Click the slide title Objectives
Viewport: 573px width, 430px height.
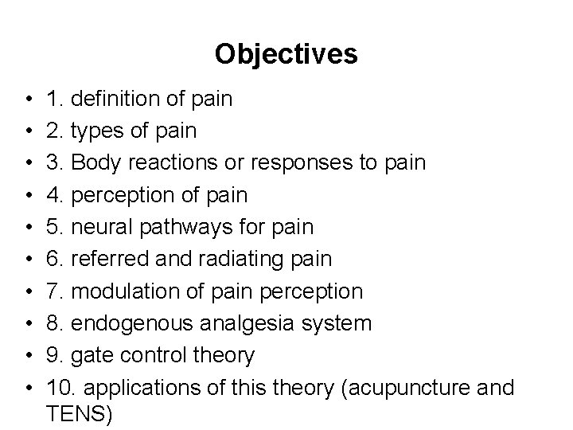coord(286,54)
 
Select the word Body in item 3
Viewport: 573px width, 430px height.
coord(94,163)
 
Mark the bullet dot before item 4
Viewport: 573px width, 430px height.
coord(29,195)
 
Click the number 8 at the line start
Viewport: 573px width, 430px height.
coord(53,323)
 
